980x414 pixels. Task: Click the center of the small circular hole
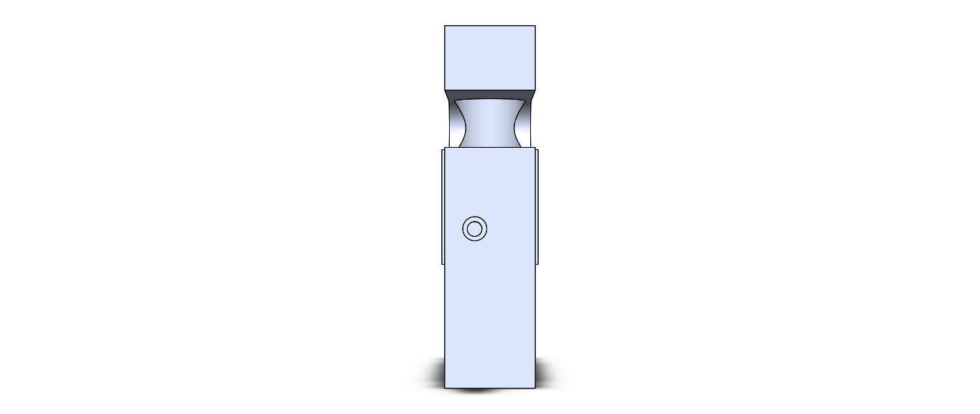tap(474, 230)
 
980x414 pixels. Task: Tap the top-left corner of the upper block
tap(445, 26)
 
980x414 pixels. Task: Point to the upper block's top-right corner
tap(535, 26)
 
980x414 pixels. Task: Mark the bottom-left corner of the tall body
tap(445, 388)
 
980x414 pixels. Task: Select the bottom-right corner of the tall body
tap(535, 388)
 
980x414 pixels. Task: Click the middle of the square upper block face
tap(490, 57)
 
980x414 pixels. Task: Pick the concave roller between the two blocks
tap(490, 123)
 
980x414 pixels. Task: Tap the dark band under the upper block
tap(490, 94)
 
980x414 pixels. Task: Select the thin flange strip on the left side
tap(443, 206)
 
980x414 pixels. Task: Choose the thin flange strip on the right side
tap(537, 206)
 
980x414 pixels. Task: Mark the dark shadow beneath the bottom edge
tap(473, 390)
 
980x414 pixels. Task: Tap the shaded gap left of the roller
tap(453, 123)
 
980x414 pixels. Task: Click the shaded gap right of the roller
tap(527, 123)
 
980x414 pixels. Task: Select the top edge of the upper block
tap(490, 26)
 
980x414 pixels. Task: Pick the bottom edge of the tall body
tap(490, 388)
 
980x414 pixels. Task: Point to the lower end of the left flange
tap(443, 263)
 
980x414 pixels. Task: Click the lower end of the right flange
tap(537, 263)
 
